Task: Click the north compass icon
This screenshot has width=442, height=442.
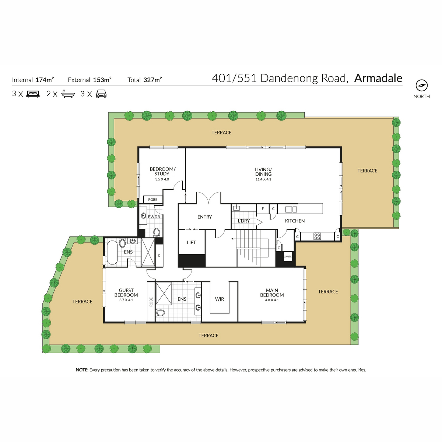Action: point(422,85)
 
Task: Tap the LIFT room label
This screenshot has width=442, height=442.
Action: point(191,242)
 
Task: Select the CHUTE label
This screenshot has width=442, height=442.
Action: point(288,256)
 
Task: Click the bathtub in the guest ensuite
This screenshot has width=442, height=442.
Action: point(112,252)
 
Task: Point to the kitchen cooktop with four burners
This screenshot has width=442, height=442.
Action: point(317,236)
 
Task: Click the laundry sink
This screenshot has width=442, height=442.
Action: point(236,208)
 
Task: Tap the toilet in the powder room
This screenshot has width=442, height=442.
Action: point(157,232)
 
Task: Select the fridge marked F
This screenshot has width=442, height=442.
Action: point(263,209)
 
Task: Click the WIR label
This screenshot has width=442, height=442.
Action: point(220,299)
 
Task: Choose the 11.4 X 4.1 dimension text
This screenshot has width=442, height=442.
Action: point(263,179)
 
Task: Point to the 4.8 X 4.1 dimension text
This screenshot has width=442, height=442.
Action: point(272,300)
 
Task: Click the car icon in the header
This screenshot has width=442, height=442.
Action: point(101,94)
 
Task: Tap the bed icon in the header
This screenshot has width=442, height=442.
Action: point(33,94)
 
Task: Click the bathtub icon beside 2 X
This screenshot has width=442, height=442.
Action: point(68,94)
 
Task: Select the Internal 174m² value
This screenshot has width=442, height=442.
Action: point(45,80)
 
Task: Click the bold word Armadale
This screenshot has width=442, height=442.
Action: point(378,78)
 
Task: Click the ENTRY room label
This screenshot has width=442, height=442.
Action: point(204,217)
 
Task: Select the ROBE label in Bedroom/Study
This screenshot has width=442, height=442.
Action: point(153,200)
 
